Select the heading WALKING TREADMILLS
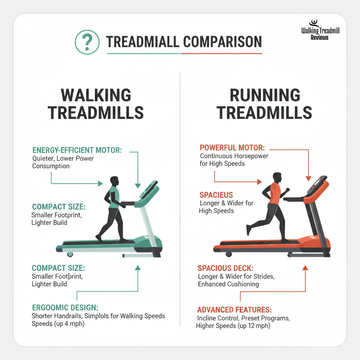click(96, 104)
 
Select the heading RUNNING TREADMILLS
click(264, 104)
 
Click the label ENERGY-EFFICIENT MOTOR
click(77, 150)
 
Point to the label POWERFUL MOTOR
click(232, 148)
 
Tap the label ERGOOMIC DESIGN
click(65, 307)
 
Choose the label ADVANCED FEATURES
click(234, 310)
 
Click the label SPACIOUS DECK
click(227, 268)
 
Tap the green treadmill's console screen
click(150, 190)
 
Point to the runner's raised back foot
click(249, 230)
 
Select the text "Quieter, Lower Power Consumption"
click(63, 162)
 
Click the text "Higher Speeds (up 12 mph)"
click(233, 326)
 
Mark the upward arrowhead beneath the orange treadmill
click(305, 268)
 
